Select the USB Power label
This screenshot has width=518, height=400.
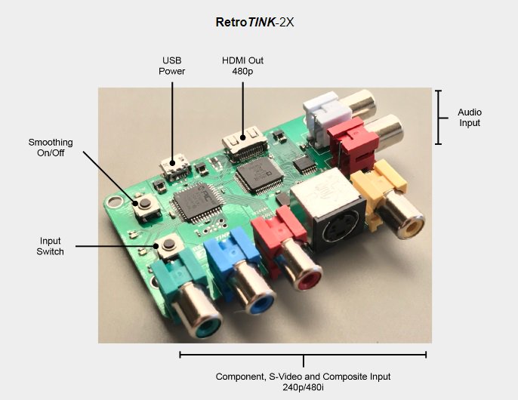tap(171, 66)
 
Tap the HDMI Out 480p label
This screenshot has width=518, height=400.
tap(242, 66)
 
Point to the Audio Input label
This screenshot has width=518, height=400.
tap(470, 118)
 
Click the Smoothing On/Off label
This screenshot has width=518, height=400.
tap(51, 147)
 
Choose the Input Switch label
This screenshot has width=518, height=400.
tap(51, 246)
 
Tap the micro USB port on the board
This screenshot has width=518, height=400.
tap(177, 165)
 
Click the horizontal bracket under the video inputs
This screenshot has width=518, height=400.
tap(303, 355)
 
